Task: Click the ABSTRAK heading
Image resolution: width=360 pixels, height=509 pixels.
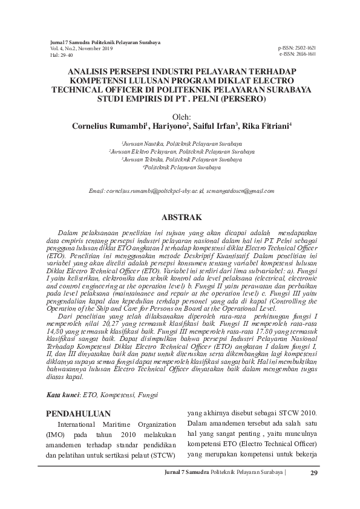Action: [x=180, y=216]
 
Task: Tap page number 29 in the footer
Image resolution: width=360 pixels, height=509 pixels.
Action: [x=313, y=473]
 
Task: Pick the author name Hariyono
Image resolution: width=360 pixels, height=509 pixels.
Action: [x=170, y=127]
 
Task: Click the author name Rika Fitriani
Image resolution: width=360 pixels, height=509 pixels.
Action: [x=267, y=127]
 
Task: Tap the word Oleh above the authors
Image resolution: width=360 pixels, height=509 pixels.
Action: [x=180, y=117]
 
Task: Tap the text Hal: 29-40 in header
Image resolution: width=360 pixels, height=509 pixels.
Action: [x=61, y=55]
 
